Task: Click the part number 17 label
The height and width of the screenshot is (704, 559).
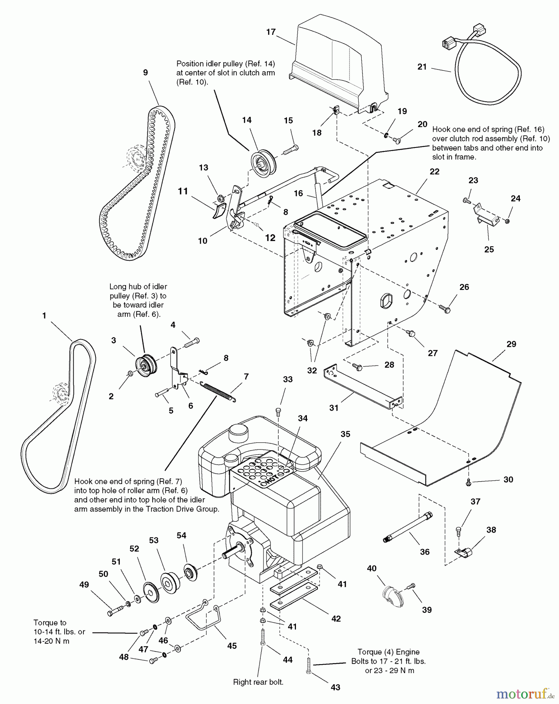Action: [x=271, y=32]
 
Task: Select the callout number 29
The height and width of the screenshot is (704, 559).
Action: [x=511, y=344]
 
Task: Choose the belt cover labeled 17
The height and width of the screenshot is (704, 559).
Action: [x=341, y=66]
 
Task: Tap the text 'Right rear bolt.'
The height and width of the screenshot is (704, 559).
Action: [x=258, y=682]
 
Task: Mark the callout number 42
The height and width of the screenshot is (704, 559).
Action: [x=336, y=618]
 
